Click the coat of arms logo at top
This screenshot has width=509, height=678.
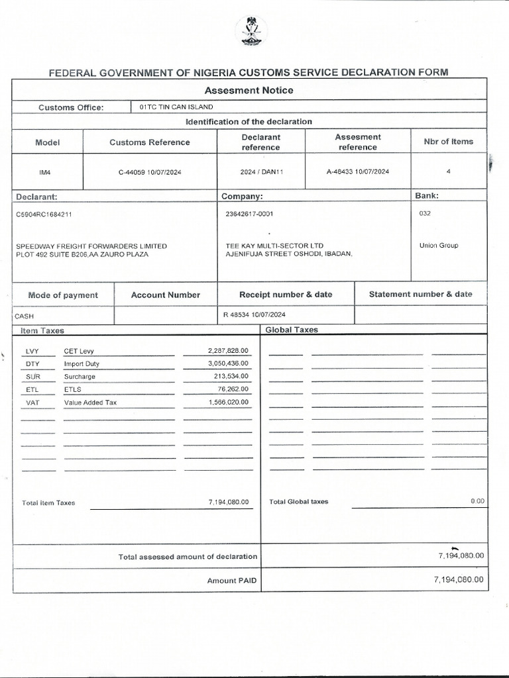click(252, 31)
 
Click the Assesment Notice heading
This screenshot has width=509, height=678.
click(249, 90)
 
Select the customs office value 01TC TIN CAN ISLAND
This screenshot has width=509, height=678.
click(176, 107)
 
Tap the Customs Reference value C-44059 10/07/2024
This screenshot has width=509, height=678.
click(150, 172)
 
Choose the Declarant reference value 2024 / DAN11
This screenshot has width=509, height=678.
click(260, 172)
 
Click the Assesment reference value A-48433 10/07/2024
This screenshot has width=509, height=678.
click(358, 171)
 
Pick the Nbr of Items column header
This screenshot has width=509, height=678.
click(449, 142)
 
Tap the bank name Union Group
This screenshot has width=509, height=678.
click(439, 246)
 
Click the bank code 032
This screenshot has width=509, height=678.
click(425, 213)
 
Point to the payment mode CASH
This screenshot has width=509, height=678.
click(24, 316)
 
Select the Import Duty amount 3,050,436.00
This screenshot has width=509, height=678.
click(228, 363)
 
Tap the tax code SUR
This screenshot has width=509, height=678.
click(32, 377)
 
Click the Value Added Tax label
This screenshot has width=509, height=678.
click(90, 403)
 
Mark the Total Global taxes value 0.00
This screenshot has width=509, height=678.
click(477, 501)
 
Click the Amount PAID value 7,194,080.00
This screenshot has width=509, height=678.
click(459, 579)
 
